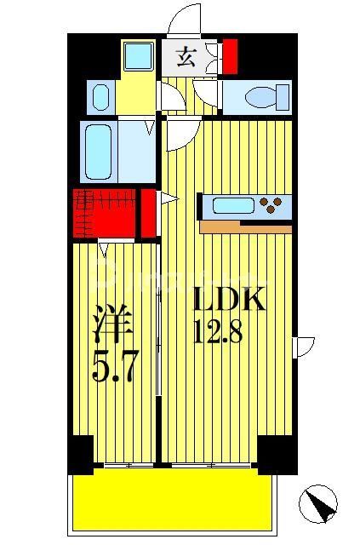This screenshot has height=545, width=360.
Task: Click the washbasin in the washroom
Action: pos(99,96)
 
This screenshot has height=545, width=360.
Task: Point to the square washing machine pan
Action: pos(136,57)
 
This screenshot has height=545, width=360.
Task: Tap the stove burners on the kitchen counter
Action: pos(273,205)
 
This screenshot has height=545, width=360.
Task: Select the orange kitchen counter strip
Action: pos(245,227)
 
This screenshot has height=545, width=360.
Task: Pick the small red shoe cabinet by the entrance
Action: pos(231,56)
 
